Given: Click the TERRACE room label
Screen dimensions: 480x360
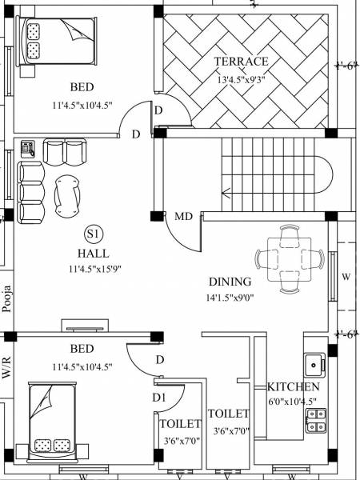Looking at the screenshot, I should click(x=241, y=62).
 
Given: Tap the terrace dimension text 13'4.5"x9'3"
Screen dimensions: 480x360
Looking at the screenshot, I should click(x=241, y=79).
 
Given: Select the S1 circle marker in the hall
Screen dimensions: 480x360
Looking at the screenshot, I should click(x=93, y=234).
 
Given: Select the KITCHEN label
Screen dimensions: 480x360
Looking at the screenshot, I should click(x=294, y=387).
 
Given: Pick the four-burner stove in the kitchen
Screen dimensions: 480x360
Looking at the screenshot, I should click(x=315, y=421).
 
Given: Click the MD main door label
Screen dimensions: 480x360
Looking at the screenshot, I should click(x=183, y=216).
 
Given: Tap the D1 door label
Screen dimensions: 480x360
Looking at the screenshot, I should click(x=158, y=397).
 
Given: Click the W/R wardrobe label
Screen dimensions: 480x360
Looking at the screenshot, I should click(x=7, y=368).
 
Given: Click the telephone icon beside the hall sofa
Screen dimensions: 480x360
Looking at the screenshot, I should click(x=28, y=147).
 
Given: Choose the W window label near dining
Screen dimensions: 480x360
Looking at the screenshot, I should click(x=346, y=277).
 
